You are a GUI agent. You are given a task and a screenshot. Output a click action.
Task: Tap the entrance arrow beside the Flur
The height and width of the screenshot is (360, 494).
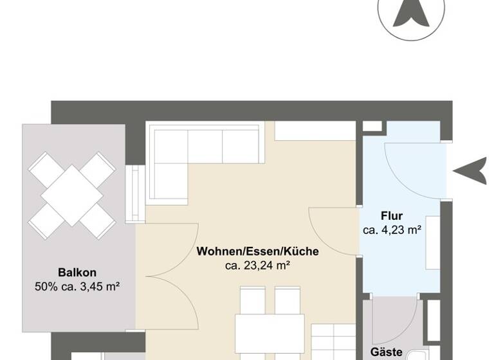(471, 171)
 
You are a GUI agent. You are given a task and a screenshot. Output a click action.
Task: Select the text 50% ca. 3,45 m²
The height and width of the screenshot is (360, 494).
(78, 286)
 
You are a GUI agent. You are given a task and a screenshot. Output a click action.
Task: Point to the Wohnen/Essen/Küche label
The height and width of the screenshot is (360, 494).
(258, 251)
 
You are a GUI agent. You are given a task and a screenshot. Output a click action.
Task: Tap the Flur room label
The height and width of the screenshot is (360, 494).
(392, 216)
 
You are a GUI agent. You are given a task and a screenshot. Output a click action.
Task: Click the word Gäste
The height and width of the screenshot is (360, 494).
(387, 352)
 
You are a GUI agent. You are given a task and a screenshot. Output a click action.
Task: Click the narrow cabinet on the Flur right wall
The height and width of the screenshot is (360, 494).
(433, 243)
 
